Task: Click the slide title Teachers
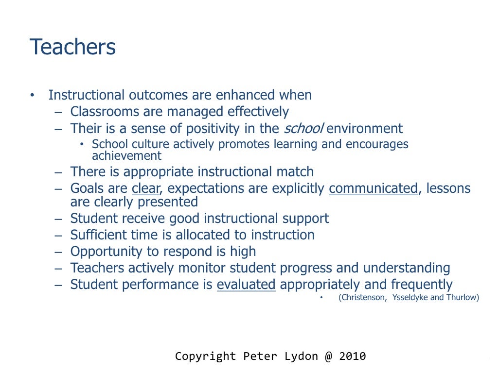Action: click(x=73, y=48)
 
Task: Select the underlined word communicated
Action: click(x=373, y=188)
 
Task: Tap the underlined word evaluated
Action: click(x=246, y=284)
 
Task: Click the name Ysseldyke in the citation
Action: click(x=409, y=297)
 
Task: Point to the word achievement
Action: click(x=126, y=155)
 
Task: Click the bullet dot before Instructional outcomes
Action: click(x=32, y=95)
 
